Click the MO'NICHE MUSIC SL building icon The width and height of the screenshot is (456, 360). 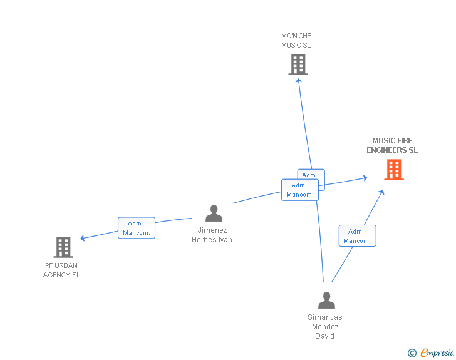pos(298,64)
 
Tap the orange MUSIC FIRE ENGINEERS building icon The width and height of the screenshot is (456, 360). pos(393,170)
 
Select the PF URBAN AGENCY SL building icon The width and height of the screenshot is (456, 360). pos(63,247)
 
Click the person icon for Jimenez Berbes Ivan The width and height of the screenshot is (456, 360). pos(214,213)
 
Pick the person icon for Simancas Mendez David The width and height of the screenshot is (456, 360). pos(326,301)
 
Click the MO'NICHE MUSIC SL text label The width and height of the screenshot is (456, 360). pos(296,41)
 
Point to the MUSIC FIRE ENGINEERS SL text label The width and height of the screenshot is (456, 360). pos(392,145)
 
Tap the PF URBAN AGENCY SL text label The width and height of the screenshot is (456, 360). pos(61,270)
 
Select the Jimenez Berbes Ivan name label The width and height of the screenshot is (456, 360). pos(212,235)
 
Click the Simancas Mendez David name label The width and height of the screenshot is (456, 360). pos(325,327)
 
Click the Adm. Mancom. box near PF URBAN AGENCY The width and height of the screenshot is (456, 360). pos(137,228)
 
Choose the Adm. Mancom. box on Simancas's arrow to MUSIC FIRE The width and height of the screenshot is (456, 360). pos(358,236)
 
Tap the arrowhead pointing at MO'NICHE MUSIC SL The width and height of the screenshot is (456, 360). pos(299,80)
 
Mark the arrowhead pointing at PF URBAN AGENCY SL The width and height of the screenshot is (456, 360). pos(83,238)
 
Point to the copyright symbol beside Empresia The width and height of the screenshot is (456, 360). pos(412,354)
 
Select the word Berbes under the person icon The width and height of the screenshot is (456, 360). pos(204,240)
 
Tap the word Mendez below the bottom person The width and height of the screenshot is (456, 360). pos(325,327)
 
